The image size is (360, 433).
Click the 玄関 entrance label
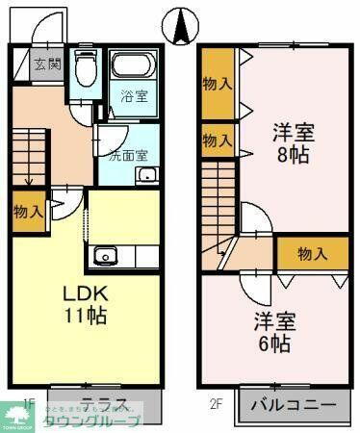48,65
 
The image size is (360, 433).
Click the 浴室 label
134,96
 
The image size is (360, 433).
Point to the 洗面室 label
127,154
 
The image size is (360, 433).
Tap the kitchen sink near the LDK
104,257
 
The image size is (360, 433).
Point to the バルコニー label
293,403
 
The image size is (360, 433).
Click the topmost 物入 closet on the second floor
217,83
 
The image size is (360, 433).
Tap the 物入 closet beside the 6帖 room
311,254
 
